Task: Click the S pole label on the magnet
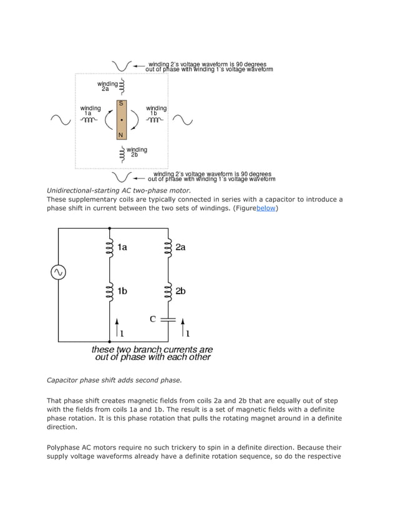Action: click(x=121, y=102)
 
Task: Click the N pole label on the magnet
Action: click(x=121, y=135)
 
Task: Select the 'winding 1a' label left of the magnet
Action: click(x=90, y=111)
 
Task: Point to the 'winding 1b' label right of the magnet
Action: click(x=156, y=111)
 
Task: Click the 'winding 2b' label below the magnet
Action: click(x=137, y=152)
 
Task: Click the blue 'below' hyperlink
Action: click(x=266, y=208)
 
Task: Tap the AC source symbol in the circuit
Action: click(x=59, y=272)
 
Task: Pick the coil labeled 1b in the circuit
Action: click(x=110, y=291)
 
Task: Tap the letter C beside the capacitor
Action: click(x=153, y=319)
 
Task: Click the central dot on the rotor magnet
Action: click(x=121, y=119)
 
